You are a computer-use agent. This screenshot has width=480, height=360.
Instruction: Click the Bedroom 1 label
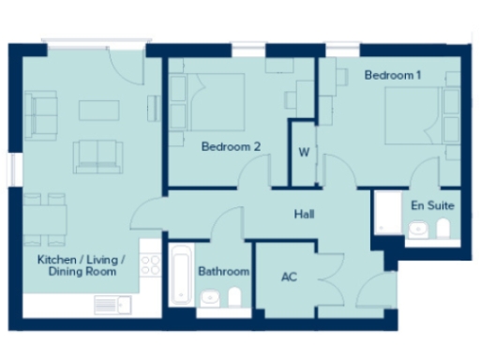point(392,75)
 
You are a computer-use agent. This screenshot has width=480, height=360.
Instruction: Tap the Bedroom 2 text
point(231,146)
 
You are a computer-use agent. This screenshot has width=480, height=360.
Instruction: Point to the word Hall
point(304,215)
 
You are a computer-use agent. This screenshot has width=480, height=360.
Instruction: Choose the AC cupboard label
point(290,277)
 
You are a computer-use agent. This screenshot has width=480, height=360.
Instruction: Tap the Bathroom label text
point(224,272)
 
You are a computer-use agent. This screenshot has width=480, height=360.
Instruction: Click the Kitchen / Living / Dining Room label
point(77,265)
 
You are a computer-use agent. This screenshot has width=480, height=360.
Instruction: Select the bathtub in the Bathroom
point(181,275)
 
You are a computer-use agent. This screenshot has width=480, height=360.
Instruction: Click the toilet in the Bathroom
point(234,298)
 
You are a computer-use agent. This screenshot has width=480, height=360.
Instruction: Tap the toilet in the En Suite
point(442,228)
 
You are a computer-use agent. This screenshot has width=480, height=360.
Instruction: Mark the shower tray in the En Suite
point(385,215)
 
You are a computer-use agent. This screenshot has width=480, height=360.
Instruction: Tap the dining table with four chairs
point(44,213)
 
